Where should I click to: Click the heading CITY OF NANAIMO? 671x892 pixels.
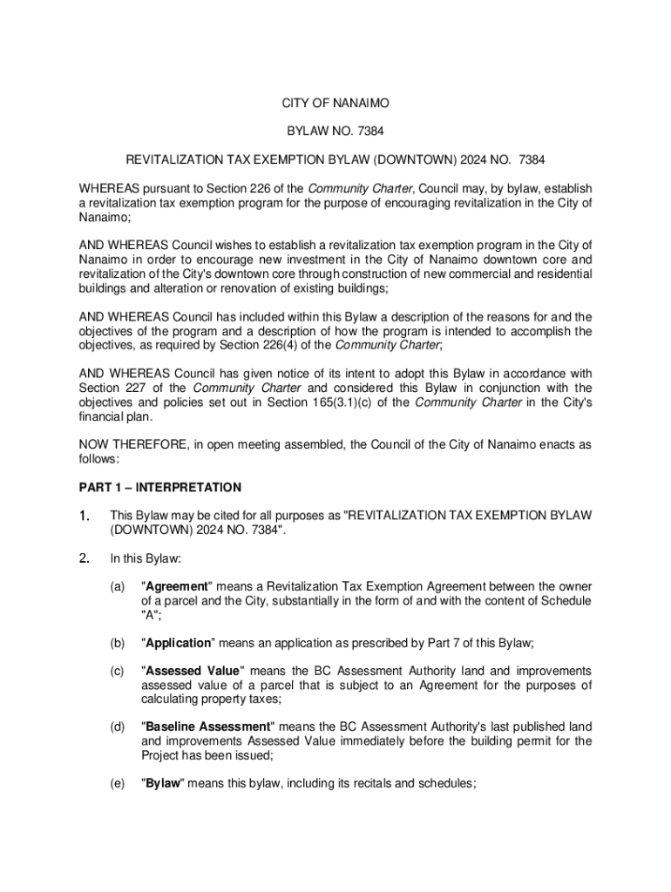coord(335,104)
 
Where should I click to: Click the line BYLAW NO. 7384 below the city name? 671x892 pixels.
coord(335,132)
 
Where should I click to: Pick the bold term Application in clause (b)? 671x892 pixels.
coord(178,643)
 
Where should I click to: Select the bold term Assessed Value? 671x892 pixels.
coord(191,671)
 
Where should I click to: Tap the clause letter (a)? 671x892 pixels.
coord(117,587)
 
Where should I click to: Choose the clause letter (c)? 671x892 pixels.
coord(117,671)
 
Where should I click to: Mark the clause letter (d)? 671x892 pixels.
coord(117,726)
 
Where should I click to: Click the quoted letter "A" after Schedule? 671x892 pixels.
coord(149,615)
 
